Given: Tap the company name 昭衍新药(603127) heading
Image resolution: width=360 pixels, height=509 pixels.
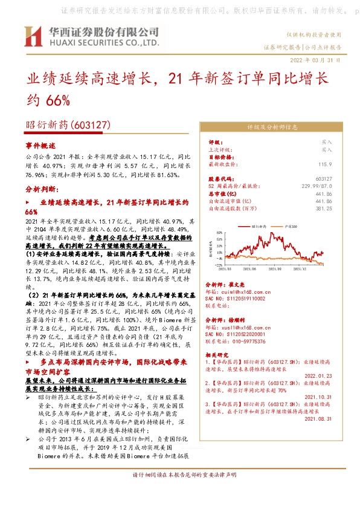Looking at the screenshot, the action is pyautogui.click(x=67, y=125).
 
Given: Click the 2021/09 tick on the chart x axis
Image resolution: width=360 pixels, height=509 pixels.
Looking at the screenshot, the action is pyautogui.click(x=277, y=268).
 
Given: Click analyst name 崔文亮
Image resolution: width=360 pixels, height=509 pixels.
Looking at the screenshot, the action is pyautogui.click(x=238, y=284).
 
